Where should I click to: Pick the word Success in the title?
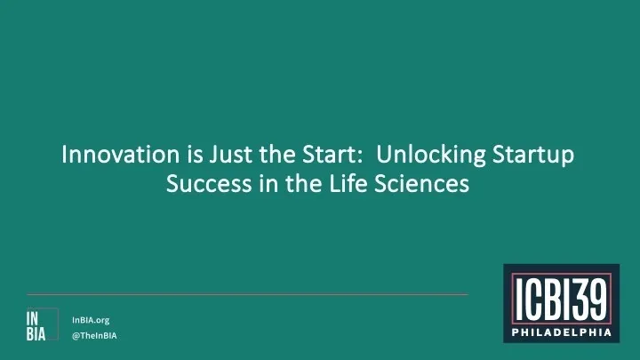pyautogui.click(x=205, y=185)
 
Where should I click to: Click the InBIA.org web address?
pyautogui.click(x=92, y=319)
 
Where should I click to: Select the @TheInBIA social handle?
pyautogui.click(x=94, y=336)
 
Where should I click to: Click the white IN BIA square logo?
pyautogui.click(x=36, y=326)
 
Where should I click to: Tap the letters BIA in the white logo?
pyautogui.click(x=36, y=335)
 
